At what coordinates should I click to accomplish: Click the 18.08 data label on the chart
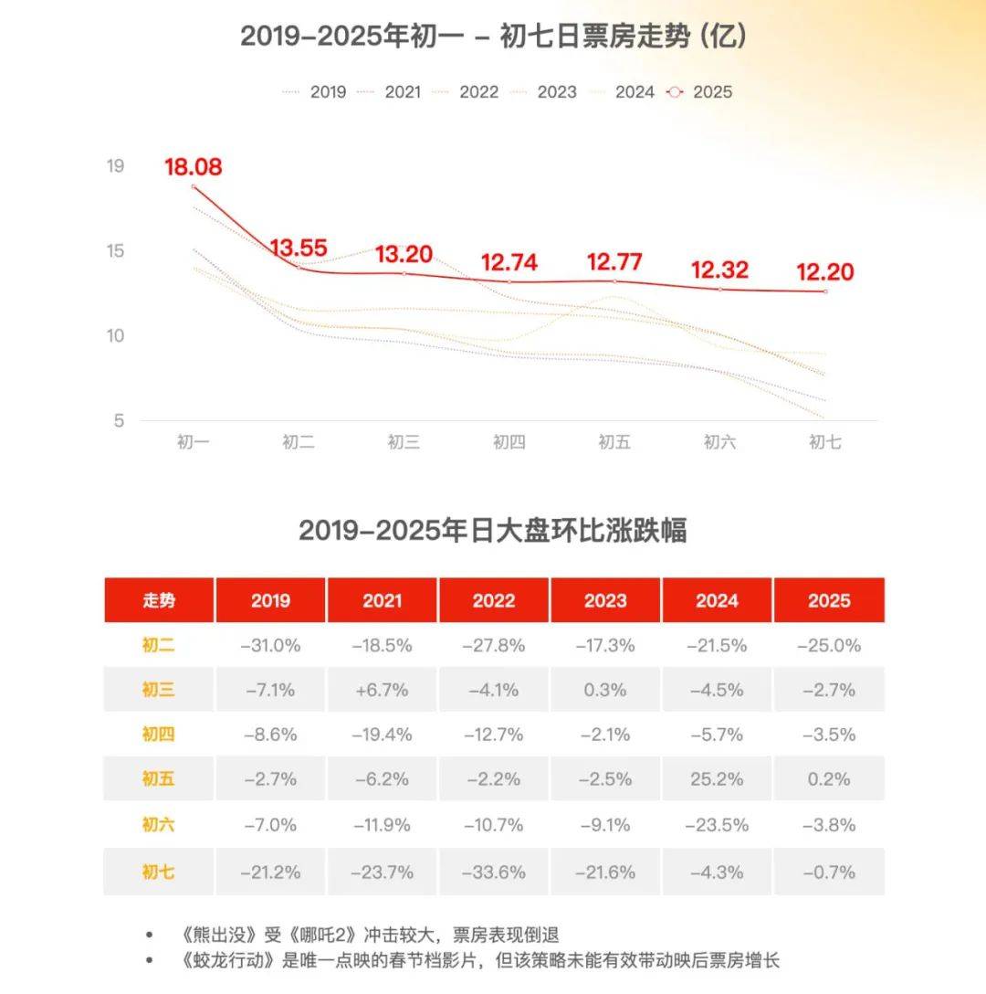click(x=194, y=168)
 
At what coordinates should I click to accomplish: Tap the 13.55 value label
click(x=298, y=248)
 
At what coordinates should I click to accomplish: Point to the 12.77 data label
click(x=615, y=262)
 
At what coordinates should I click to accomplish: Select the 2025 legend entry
click(x=701, y=92)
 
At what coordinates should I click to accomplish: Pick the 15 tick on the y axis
click(x=115, y=251)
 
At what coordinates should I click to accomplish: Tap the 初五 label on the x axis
click(x=614, y=443)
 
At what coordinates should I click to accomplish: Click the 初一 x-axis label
click(x=194, y=443)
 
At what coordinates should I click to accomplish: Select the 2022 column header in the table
click(x=494, y=600)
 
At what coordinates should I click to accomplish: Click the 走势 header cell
click(x=159, y=600)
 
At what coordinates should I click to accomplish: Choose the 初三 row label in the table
click(x=159, y=691)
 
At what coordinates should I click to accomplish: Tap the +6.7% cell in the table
click(x=383, y=691)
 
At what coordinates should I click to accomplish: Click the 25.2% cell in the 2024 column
click(x=717, y=780)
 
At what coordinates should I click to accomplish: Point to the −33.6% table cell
click(x=494, y=872)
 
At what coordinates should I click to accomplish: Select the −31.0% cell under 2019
click(x=270, y=645)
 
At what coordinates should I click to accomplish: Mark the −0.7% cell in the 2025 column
click(x=829, y=872)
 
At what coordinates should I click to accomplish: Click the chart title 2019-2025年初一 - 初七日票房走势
click(x=494, y=37)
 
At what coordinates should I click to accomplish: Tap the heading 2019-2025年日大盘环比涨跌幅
click(x=493, y=531)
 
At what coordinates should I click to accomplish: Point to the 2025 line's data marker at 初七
click(x=825, y=291)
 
